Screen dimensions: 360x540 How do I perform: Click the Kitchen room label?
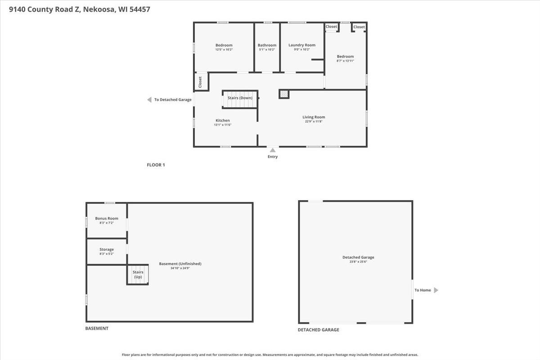(x=223, y=120)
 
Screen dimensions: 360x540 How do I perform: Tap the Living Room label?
(x=314, y=117)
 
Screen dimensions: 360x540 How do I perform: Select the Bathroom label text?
(x=267, y=45)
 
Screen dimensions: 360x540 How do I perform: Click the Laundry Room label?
(x=301, y=45)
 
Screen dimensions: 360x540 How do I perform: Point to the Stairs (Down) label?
(x=240, y=98)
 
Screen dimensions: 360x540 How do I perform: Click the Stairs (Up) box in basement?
(x=138, y=274)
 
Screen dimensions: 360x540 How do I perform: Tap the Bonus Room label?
(x=107, y=218)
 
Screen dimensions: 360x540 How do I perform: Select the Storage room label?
(x=107, y=249)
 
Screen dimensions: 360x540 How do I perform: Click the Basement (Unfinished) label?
(x=180, y=264)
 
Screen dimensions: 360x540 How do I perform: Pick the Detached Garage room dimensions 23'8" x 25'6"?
(x=358, y=262)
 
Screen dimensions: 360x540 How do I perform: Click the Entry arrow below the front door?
(x=272, y=150)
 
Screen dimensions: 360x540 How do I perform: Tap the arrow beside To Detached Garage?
(x=149, y=100)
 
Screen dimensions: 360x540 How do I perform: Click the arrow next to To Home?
(x=436, y=290)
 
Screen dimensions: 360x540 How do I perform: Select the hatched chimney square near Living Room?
(x=284, y=94)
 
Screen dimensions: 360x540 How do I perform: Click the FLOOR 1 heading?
(x=156, y=165)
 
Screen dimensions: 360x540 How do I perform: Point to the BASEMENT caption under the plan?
(x=97, y=328)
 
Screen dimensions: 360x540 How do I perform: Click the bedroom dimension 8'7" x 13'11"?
(x=346, y=61)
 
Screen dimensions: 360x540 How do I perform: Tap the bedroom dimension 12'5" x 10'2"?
(x=224, y=49)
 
